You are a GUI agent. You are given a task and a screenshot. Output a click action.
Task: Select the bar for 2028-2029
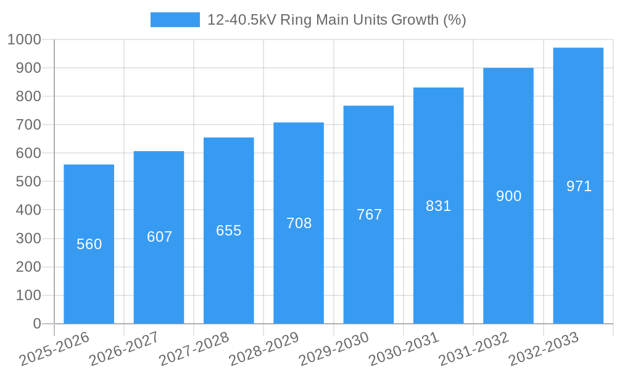click(x=299, y=271)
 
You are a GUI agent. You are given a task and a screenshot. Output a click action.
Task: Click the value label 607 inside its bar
click(x=159, y=237)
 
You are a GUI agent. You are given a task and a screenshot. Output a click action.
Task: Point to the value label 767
click(x=369, y=215)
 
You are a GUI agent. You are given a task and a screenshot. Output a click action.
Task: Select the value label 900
click(x=508, y=196)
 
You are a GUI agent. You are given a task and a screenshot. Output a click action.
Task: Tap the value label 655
click(x=228, y=231)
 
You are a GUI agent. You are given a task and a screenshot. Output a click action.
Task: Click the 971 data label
click(x=579, y=186)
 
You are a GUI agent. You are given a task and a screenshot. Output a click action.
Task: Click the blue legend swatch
click(x=175, y=20)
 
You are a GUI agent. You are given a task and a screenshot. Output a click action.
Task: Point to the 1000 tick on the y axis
click(x=24, y=39)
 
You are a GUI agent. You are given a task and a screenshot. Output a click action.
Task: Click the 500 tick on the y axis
click(x=28, y=182)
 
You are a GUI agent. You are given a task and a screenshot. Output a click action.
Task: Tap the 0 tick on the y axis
click(x=37, y=324)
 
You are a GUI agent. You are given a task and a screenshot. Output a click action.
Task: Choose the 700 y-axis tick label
click(x=28, y=125)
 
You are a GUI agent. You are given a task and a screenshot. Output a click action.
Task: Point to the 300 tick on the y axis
click(x=28, y=239)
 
